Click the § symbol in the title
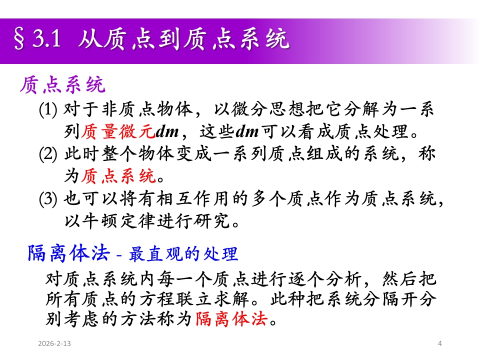pyautogui.click(x=19, y=39)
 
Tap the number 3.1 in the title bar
pyautogui.click(x=47, y=39)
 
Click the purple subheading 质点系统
pyautogui.click(x=63, y=85)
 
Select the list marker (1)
pyautogui.click(x=48, y=109)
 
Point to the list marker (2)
pyautogui.click(x=48, y=154)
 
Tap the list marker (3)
pyautogui.click(x=48, y=199)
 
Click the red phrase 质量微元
pyautogui.click(x=118, y=131)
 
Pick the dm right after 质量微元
pyautogui.click(x=167, y=132)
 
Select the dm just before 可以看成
pyautogui.click(x=247, y=132)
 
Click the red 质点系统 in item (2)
pyautogui.click(x=118, y=176)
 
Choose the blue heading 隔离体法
pyautogui.click(x=69, y=253)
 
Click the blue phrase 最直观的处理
pyautogui.click(x=183, y=254)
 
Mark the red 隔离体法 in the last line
pyautogui.click(x=231, y=318)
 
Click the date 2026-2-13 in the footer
pyautogui.click(x=54, y=343)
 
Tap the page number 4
pyautogui.click(x=440, y=343)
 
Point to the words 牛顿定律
pyautogui.click(x=119, y=220)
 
